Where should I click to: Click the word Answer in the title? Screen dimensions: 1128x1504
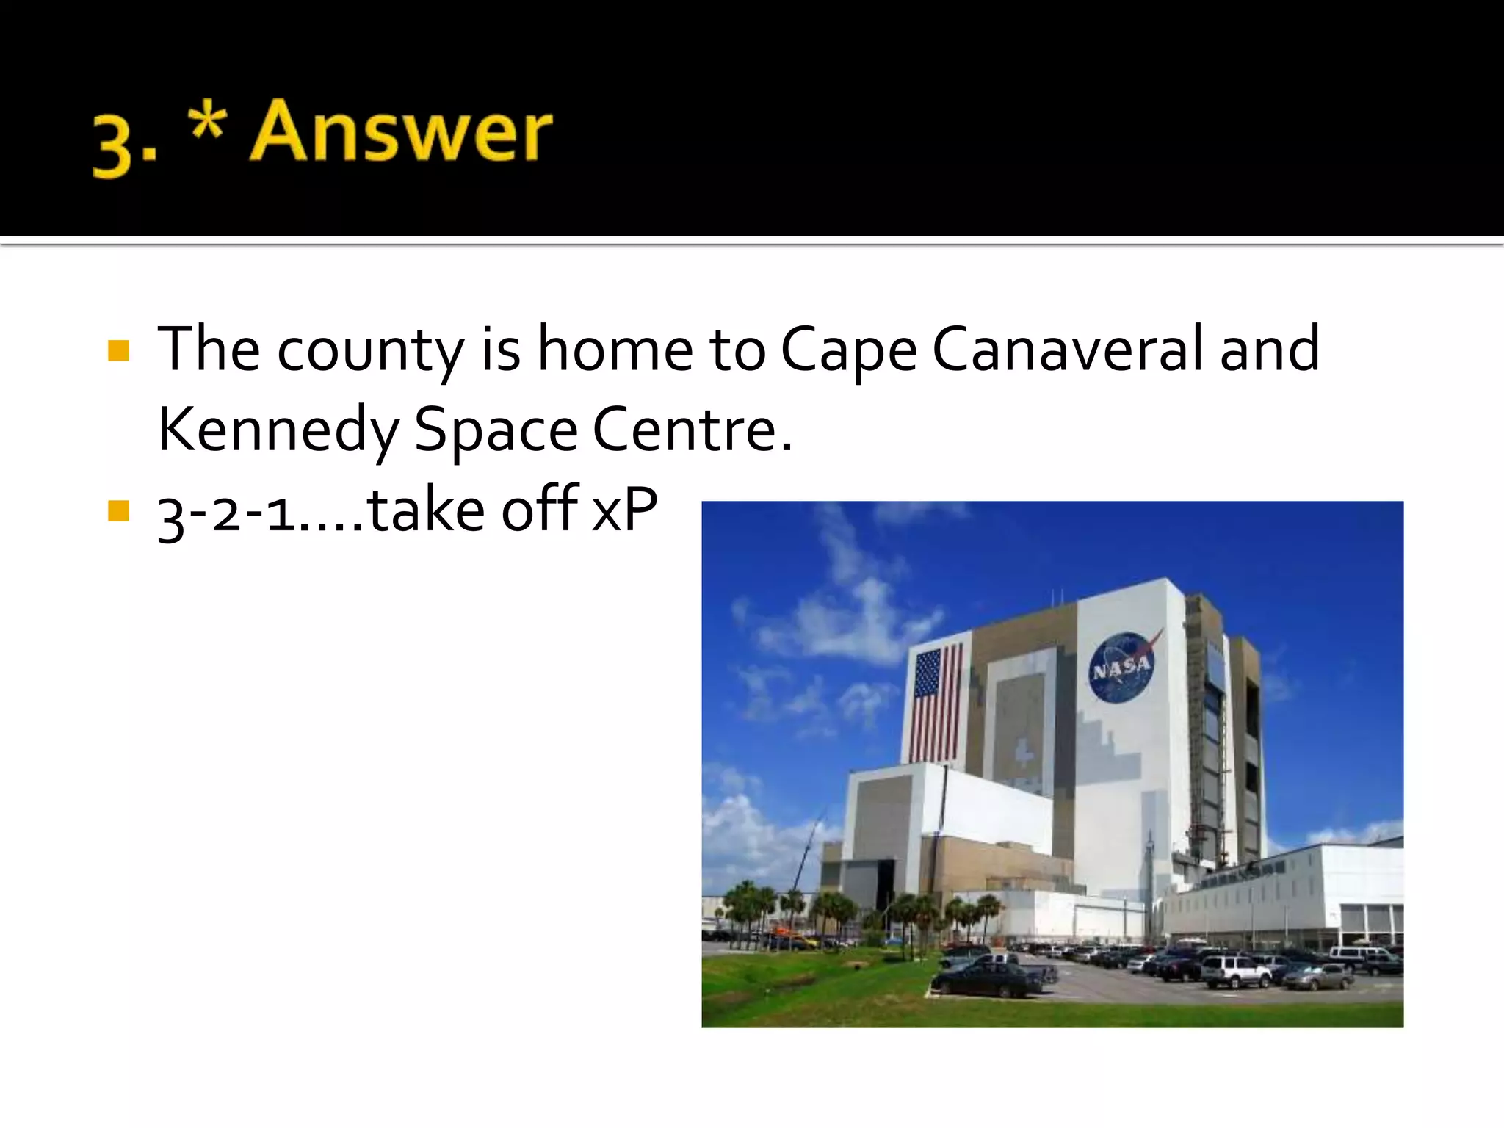coord(401,132)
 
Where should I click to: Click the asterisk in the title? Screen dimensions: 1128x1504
coord(207,120)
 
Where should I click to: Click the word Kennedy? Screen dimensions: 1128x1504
coord(278,430)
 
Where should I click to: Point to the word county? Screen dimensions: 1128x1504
coord(370,351)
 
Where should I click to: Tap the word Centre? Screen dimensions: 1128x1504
coord(692,430)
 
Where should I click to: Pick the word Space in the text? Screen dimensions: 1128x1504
coord(496,431)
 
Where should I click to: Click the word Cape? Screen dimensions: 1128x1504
coord(848,351)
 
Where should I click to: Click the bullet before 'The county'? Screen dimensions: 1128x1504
coord(118,350)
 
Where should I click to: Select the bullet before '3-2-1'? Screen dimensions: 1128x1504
coord(118,510)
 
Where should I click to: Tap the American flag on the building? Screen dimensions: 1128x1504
coord(936,704)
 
